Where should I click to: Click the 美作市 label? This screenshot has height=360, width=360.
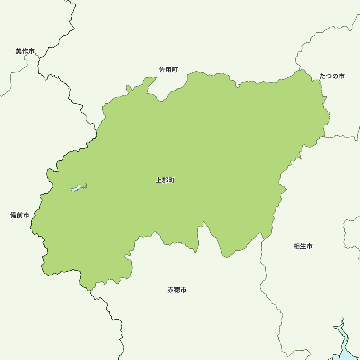pos(25,51)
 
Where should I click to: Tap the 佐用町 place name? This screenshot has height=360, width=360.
pos(168,70)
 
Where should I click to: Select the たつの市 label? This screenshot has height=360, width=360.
pos(332,76)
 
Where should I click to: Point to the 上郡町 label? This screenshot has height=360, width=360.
pos(165,180)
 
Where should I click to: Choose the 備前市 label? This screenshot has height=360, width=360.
pos(20,215)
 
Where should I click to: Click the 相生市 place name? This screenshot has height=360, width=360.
pos(303,247)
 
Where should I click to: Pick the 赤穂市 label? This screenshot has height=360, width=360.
pos(177,290)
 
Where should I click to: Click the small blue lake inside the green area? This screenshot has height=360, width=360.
pos(77,188)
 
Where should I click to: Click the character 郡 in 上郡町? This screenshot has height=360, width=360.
pos(165,180)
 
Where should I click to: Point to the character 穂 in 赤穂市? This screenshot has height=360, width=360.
pos(177,290)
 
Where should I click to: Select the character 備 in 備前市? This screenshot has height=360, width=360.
pos(13,215)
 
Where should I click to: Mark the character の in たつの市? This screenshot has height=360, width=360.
pos(335,76)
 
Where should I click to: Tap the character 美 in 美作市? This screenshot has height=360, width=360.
pos(19,51)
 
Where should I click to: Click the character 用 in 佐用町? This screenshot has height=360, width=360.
pos(168,70)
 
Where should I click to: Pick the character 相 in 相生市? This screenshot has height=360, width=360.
pos(297,247)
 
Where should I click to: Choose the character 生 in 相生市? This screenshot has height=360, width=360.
pos(303,247)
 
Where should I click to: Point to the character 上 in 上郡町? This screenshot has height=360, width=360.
pos(158,180)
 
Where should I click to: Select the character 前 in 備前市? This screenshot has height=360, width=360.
pos(20,215)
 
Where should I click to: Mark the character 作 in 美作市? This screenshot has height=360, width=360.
pos(25,51)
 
